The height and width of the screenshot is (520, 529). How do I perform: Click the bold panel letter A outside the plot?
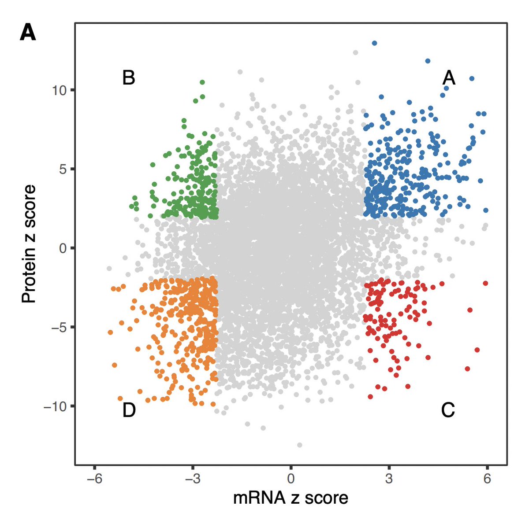point(28,33)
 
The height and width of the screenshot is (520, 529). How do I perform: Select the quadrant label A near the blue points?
point(448,78)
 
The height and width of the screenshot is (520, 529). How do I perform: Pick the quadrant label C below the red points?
point(447,410)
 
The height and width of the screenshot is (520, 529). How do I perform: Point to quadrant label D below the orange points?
point(129,410)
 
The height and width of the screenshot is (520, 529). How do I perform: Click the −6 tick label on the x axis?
point(94,479)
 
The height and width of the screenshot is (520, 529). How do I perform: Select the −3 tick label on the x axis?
point(192,479)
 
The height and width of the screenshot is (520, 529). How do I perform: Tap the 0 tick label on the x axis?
point(291,479)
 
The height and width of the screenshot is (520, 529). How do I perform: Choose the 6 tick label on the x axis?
point(487,479)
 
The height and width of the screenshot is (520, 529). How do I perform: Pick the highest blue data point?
point(374,43)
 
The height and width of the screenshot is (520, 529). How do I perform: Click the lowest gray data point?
point(300,445)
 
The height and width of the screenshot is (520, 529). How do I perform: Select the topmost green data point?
point(202,82)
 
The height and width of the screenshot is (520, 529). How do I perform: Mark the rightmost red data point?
point(485,283)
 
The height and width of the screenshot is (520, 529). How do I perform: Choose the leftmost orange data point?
point(110,332)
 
